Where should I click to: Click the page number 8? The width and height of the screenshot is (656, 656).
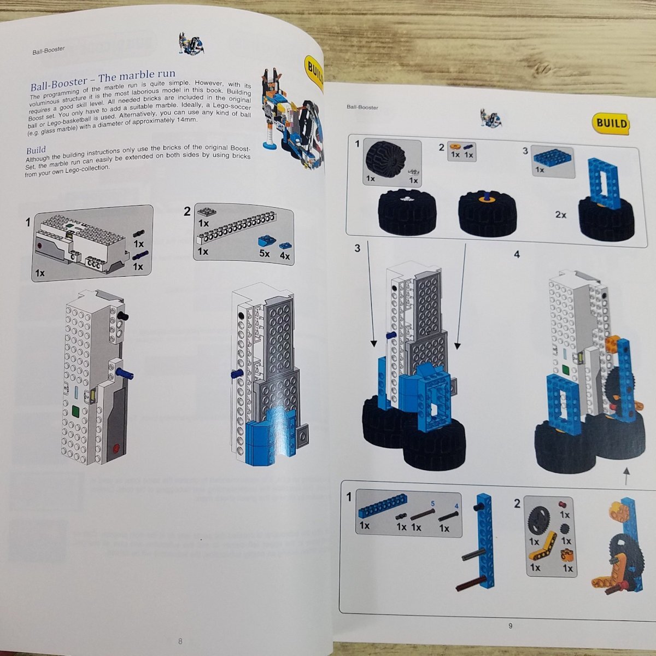[180, 641]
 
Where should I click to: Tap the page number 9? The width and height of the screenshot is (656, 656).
[510, 626]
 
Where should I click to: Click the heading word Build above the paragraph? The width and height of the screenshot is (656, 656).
[36, 150]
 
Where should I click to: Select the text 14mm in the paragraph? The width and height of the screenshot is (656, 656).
[186, 120]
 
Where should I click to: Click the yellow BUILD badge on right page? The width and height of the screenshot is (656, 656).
[611, 123]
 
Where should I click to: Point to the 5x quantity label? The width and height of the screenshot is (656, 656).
[265, 253]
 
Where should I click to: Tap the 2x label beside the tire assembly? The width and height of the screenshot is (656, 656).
[561, 215]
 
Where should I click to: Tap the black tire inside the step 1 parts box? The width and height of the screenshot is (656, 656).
[385, 159]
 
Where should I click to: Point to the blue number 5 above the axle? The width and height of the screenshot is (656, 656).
[432, 503]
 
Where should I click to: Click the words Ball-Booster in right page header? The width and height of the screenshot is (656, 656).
[362, 107]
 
